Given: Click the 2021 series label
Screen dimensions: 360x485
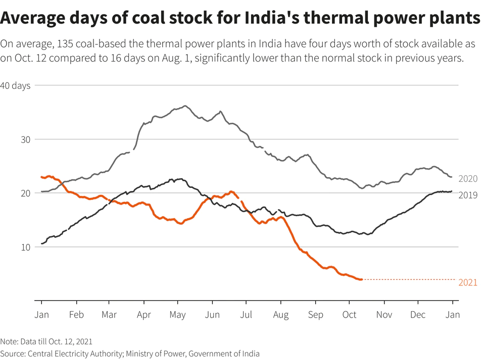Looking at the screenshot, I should tap(467, 283).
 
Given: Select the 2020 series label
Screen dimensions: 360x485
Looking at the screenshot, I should tap(467, 179).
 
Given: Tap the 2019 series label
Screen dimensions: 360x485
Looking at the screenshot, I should tap(467, 195).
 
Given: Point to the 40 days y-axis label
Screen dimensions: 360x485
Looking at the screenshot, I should tap(15, 86).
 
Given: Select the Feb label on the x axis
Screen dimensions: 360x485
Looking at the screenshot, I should tap(76, 315).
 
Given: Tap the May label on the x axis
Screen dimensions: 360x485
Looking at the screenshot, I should tap(177, 315).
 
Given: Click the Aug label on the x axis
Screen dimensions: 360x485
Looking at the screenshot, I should tap(280, 315).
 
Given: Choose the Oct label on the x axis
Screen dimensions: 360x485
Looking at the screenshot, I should tap(349, 315).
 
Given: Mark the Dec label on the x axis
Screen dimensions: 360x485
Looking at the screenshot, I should tap(418, 315).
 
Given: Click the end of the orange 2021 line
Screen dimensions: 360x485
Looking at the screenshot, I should tap(361, 279).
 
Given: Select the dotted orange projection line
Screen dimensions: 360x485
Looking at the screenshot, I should tap(409, 279).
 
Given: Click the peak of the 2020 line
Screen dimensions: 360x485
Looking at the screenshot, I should tap(185, 106).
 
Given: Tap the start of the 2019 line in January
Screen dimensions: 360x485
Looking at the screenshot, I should tap(42, 244).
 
